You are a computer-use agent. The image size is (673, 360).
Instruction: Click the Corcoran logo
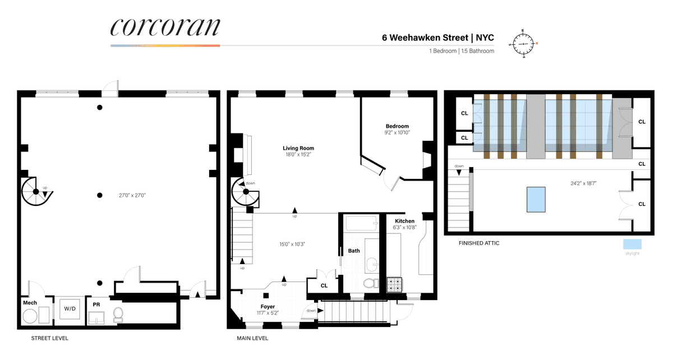coord(165,27)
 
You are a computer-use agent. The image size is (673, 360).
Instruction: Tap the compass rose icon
coord(523,44)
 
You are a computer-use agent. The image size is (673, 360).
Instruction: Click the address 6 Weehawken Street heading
coord(425,38)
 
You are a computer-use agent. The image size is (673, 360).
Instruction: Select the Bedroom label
coord(397,126)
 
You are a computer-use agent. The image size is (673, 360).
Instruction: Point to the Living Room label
coord(298,148)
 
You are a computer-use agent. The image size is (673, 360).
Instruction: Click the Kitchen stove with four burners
coord(394,285)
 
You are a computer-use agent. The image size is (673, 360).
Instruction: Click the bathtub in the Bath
coord(361,223)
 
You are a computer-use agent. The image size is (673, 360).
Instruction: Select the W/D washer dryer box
coord(70,308)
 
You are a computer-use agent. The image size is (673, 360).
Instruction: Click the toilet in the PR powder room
coord(118,315)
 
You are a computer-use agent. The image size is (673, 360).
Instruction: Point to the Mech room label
coord(30,303)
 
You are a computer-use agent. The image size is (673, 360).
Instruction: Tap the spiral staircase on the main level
coord(245,191)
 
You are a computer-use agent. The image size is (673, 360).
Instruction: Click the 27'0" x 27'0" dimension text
coord(132,195)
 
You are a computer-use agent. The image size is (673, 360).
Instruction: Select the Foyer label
coord(268,307)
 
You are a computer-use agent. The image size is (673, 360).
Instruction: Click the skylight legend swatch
coord(632,244)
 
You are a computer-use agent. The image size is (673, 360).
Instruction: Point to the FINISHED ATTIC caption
coord(479,243)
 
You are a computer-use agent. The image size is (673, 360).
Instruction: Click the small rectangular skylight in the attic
coord(536,200)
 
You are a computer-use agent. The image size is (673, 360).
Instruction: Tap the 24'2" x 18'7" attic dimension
coord(583,183)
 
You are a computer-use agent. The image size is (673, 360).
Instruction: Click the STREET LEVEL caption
coord(49,338)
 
